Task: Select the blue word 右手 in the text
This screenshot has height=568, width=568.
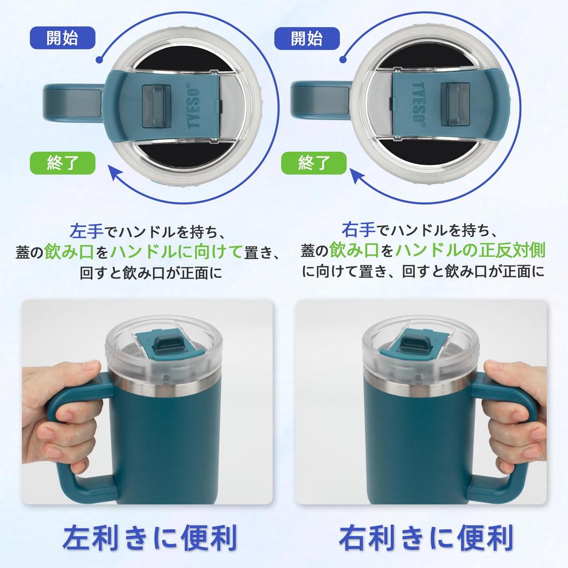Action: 356,229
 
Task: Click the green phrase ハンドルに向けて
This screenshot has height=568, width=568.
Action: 176,252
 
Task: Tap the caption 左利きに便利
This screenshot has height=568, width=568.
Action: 149,537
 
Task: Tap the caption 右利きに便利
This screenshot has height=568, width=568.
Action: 425,537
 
